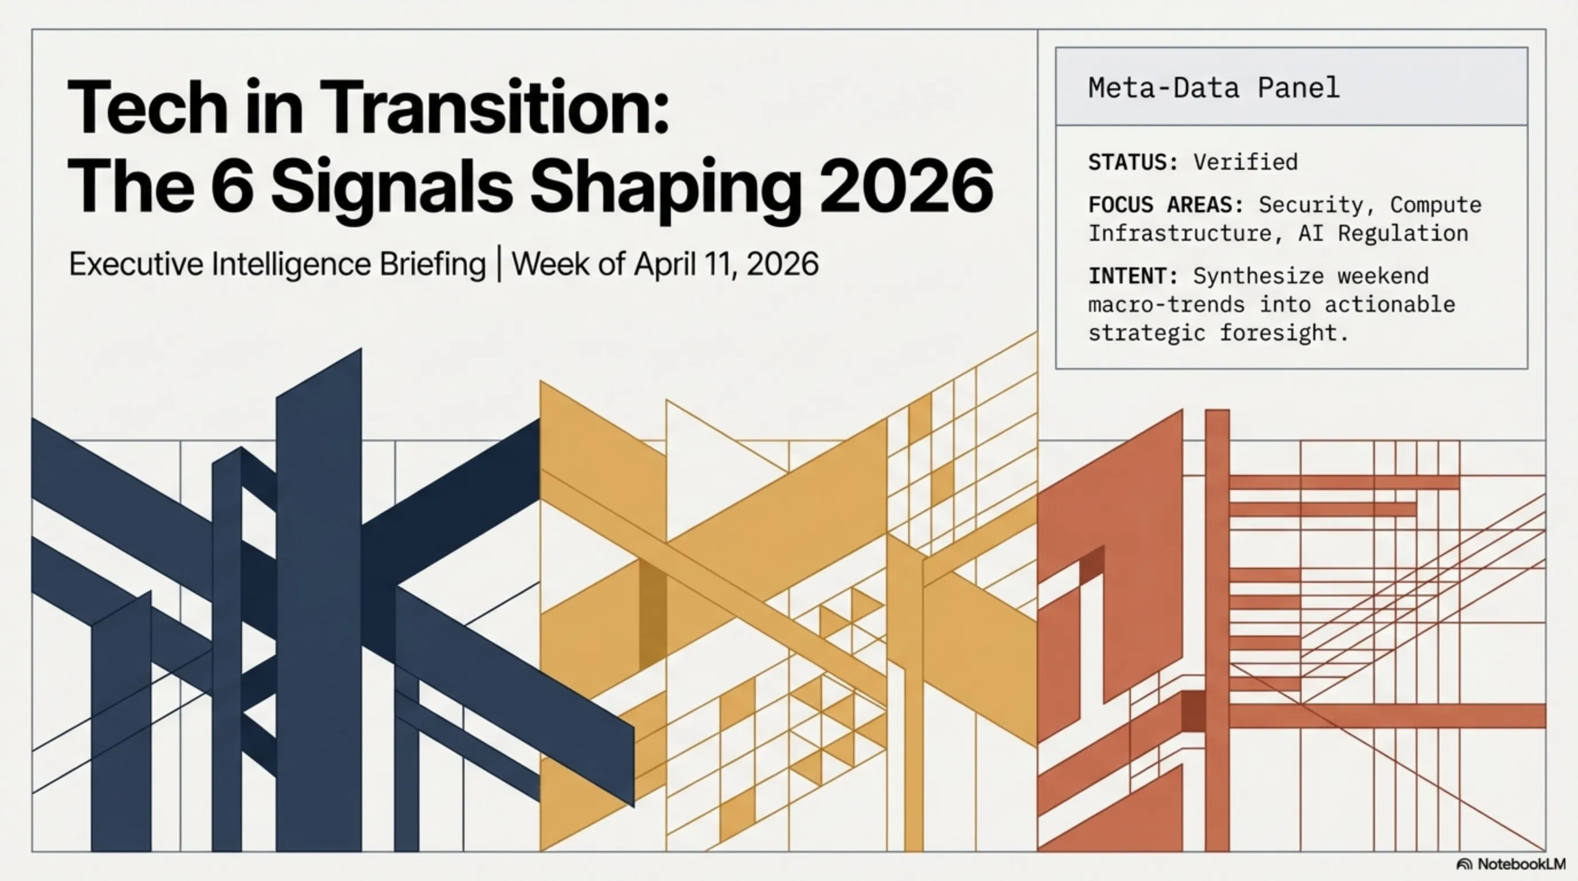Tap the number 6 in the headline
[x=232, y=186]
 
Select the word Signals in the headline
[x=392, y=190]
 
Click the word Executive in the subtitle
[x=136, y=264]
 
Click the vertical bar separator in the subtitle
[x=499, y=264]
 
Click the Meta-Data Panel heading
[x=1213, y=88]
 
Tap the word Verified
[x=1245, y=162]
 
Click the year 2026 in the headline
[x=906, y=186]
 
